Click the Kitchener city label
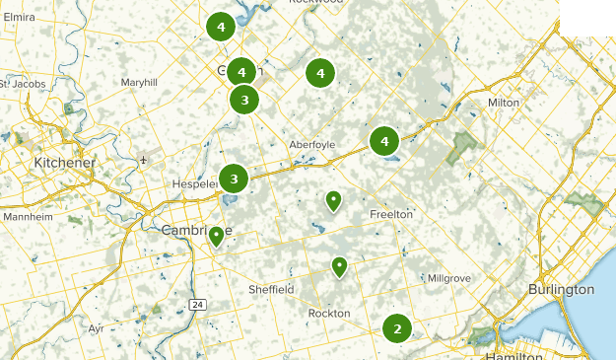tap(65, 162)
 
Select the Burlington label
tap(561, 289)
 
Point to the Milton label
tap(503, 103)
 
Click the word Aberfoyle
tap(311, 144)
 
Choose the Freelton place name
tap(391, 214)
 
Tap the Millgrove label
tap(448, 279)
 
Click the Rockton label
tap(328, 313)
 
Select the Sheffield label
tap(271, 289)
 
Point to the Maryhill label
tap(139, 83)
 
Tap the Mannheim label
tap(27, 216)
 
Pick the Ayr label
tap(96, 327)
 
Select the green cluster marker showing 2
tap(397, 328)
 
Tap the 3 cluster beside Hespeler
tap(234, 179)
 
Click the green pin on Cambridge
tap(216, 236)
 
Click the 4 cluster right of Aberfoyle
tap(383, 142)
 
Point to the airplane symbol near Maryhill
tap(144, 159)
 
